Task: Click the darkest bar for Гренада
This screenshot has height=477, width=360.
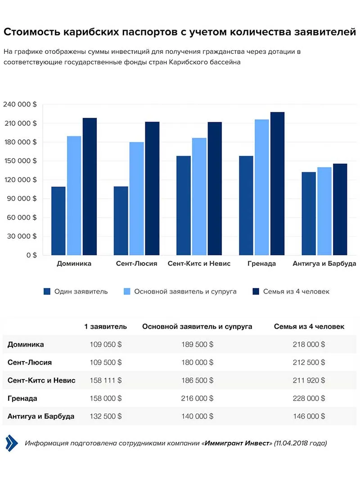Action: coord(277,183)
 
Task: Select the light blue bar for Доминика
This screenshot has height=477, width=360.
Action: coord(74,196)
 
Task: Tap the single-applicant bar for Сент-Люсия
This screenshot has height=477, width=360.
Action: coord(121,221)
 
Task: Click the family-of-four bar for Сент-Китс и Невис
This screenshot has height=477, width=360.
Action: coord(215,188)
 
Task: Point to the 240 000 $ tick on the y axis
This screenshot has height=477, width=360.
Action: coord(20,104)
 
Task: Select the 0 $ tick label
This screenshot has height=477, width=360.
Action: coord(31,255)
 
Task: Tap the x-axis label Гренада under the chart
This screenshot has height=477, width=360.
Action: coord(261,263)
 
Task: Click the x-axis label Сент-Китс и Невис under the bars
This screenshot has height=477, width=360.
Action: coord(199,263)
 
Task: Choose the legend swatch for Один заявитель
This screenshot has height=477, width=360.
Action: coord(47,291)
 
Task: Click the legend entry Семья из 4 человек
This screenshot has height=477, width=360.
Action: coord(296,291)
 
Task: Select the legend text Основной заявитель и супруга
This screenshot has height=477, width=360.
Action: coord(185,291)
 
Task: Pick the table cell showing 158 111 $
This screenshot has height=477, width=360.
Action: coord(105,380)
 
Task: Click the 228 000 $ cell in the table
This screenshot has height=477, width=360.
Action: coord(309,398)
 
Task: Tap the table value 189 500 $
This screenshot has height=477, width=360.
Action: coord(197,344)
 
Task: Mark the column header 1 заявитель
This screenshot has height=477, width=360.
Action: coord(105,326)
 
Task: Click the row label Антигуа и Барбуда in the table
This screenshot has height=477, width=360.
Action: coord(41,416)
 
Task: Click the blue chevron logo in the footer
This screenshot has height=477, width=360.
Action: coord(12,443)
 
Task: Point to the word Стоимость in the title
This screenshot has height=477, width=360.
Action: coord(31,32)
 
